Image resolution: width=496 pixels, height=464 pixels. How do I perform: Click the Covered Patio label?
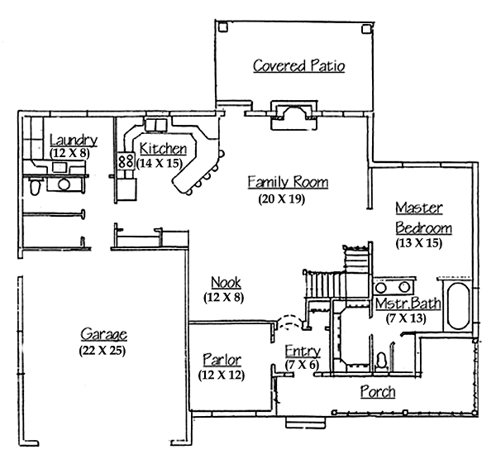(x=298, y=65)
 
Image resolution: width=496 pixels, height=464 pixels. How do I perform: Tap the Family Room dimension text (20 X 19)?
(x=282, y=199)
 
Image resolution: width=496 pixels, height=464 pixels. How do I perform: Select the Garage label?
(x=104, y=334)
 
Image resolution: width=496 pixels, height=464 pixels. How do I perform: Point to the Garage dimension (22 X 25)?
(x=103, y=351)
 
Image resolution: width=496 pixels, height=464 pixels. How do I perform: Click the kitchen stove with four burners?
(x=126, y=161)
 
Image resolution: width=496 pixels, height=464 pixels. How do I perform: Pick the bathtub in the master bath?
(x=458, y=306)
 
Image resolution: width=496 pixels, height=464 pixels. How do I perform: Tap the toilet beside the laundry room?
(x=35, y=187)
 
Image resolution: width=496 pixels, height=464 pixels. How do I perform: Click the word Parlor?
(x=222, y=360)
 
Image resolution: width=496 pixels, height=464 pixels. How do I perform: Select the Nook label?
(x=226, y=282)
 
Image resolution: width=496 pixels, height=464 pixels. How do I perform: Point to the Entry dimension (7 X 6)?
(x=302, y=365)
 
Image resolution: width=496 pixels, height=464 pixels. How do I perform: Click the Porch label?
(x=378, y=391)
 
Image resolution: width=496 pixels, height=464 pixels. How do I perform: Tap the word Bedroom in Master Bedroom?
(x=423, y=228)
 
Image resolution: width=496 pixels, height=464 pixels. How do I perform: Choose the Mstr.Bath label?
(x=408, y=304)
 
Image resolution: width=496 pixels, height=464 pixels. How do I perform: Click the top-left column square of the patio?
(x=222, y=27)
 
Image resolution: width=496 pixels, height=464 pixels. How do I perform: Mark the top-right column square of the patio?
(x=366, y=29)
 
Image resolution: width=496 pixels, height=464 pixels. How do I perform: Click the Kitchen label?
(x=163, y=148)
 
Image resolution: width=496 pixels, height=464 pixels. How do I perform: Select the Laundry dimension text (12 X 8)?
(x=69, y=153)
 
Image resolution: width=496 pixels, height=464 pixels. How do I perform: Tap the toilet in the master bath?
(x=382, y=361)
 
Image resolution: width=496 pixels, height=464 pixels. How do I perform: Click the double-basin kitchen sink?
(x=156, y=125)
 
